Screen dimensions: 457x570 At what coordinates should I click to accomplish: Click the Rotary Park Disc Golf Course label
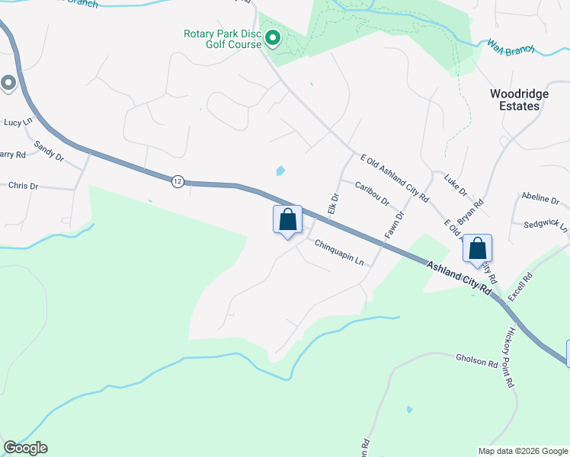click(x=222, y=39)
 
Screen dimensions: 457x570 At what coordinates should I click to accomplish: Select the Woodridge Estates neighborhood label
click(x=514, y=100)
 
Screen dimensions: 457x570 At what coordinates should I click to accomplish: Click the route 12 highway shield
click(x=177, y=181)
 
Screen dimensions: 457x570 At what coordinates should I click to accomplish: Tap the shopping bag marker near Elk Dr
click(x=287, y=220)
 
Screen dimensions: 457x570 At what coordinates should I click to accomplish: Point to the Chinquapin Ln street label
click(x=339, y=252)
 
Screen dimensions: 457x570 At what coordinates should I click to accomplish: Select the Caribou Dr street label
click(x=372, y=193)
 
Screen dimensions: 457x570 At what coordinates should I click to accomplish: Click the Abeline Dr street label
click(x=540, y=199)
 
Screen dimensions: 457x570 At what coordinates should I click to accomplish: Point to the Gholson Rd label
click(x=476, y=359)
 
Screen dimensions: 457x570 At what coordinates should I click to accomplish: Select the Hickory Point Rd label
click(x=508, y=359)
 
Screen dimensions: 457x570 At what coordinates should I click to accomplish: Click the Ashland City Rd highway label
click(x=460, y=277)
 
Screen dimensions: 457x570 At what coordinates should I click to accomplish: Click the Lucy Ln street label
click(x=19, y=122)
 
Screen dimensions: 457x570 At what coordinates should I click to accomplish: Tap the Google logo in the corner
click(x=25, y=448)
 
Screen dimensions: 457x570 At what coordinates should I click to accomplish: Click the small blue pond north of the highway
click(x=280, y=171)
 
